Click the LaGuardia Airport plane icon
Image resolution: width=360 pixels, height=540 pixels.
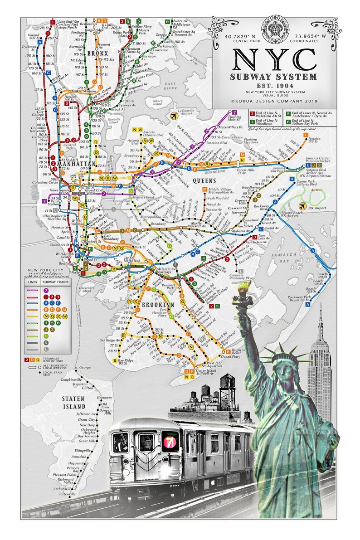[174, 117]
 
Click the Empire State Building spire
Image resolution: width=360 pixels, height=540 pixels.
[320, 313]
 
